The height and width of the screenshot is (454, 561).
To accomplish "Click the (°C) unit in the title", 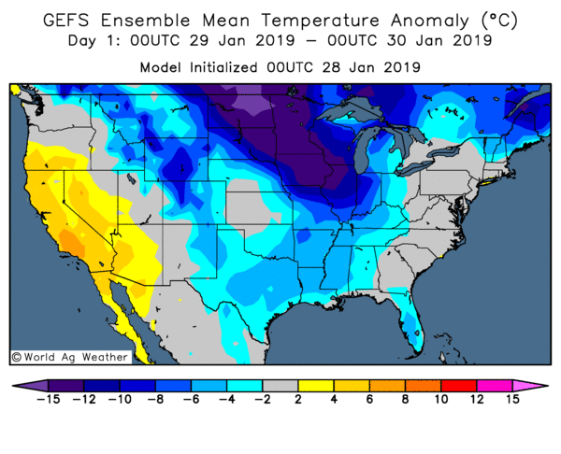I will (x=496, y=20).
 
